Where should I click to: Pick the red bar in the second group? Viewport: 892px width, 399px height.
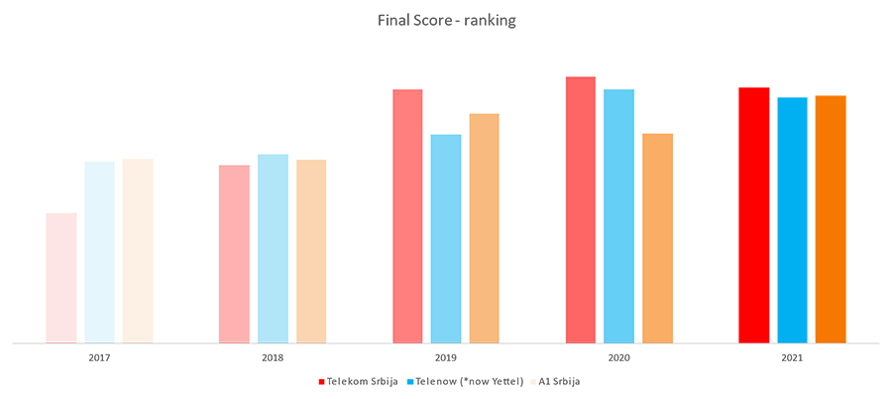click(x=220, y=199)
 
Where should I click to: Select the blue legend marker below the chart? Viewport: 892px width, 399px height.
click(x=407, y=375)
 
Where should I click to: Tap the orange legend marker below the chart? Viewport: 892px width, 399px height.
click(x=532, y=375)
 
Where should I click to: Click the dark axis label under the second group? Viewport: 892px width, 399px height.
click(x=268, y=368)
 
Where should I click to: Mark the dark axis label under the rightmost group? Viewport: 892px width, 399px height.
click(x=794, y=368)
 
